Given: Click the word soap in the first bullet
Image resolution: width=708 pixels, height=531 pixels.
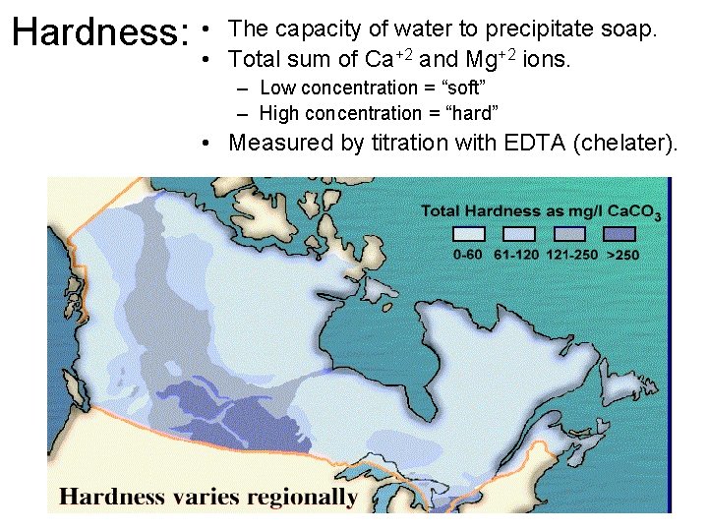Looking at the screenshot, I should pos(626,29).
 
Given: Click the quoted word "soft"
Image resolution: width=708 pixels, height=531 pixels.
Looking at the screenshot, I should pos(457,88).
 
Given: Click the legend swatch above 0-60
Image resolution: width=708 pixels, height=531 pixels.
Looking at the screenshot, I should pos(467,234).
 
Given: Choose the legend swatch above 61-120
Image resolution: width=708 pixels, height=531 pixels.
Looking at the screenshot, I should pos(519,234).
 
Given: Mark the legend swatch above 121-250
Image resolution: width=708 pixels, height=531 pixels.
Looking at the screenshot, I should pos(570,234).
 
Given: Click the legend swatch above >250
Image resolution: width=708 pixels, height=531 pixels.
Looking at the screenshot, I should pos(621,234).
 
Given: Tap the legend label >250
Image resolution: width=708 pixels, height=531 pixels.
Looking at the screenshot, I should pos(622,255).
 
